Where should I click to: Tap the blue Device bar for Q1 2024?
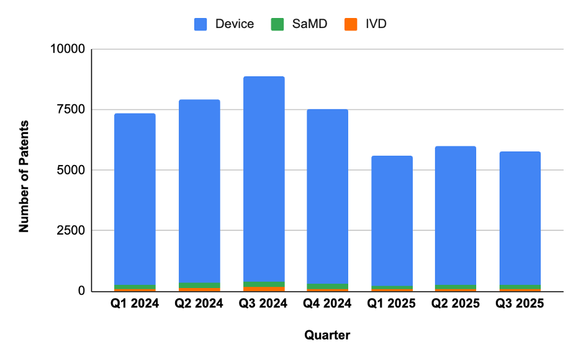135,199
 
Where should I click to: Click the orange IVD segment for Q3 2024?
264,289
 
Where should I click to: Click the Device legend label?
235,24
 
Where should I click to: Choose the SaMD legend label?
305,24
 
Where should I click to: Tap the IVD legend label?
376,24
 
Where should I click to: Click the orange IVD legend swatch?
351,24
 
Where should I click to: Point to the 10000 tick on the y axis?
70,49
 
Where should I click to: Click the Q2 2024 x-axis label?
199,304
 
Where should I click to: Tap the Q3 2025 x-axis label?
521,304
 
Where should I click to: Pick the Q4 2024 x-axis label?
328,304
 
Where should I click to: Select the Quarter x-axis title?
327,336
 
